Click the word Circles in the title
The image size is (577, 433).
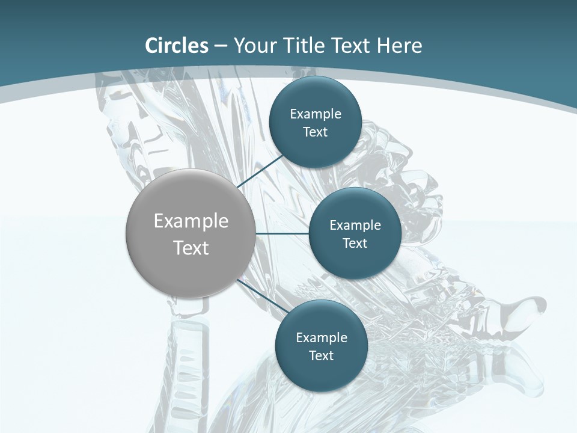point(177,46)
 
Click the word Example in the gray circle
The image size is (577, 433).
point(191,221)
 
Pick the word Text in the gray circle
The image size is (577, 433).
point(191,248)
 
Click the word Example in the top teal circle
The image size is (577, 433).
point(316,114)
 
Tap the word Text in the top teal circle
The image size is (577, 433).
point(316,132)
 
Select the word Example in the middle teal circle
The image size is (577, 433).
point(355,226)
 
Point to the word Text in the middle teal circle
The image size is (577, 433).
point(355,244)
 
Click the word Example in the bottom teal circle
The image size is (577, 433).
point(322,338)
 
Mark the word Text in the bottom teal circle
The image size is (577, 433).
point(322,356)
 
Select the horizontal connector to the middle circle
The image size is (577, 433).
point(282,233)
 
